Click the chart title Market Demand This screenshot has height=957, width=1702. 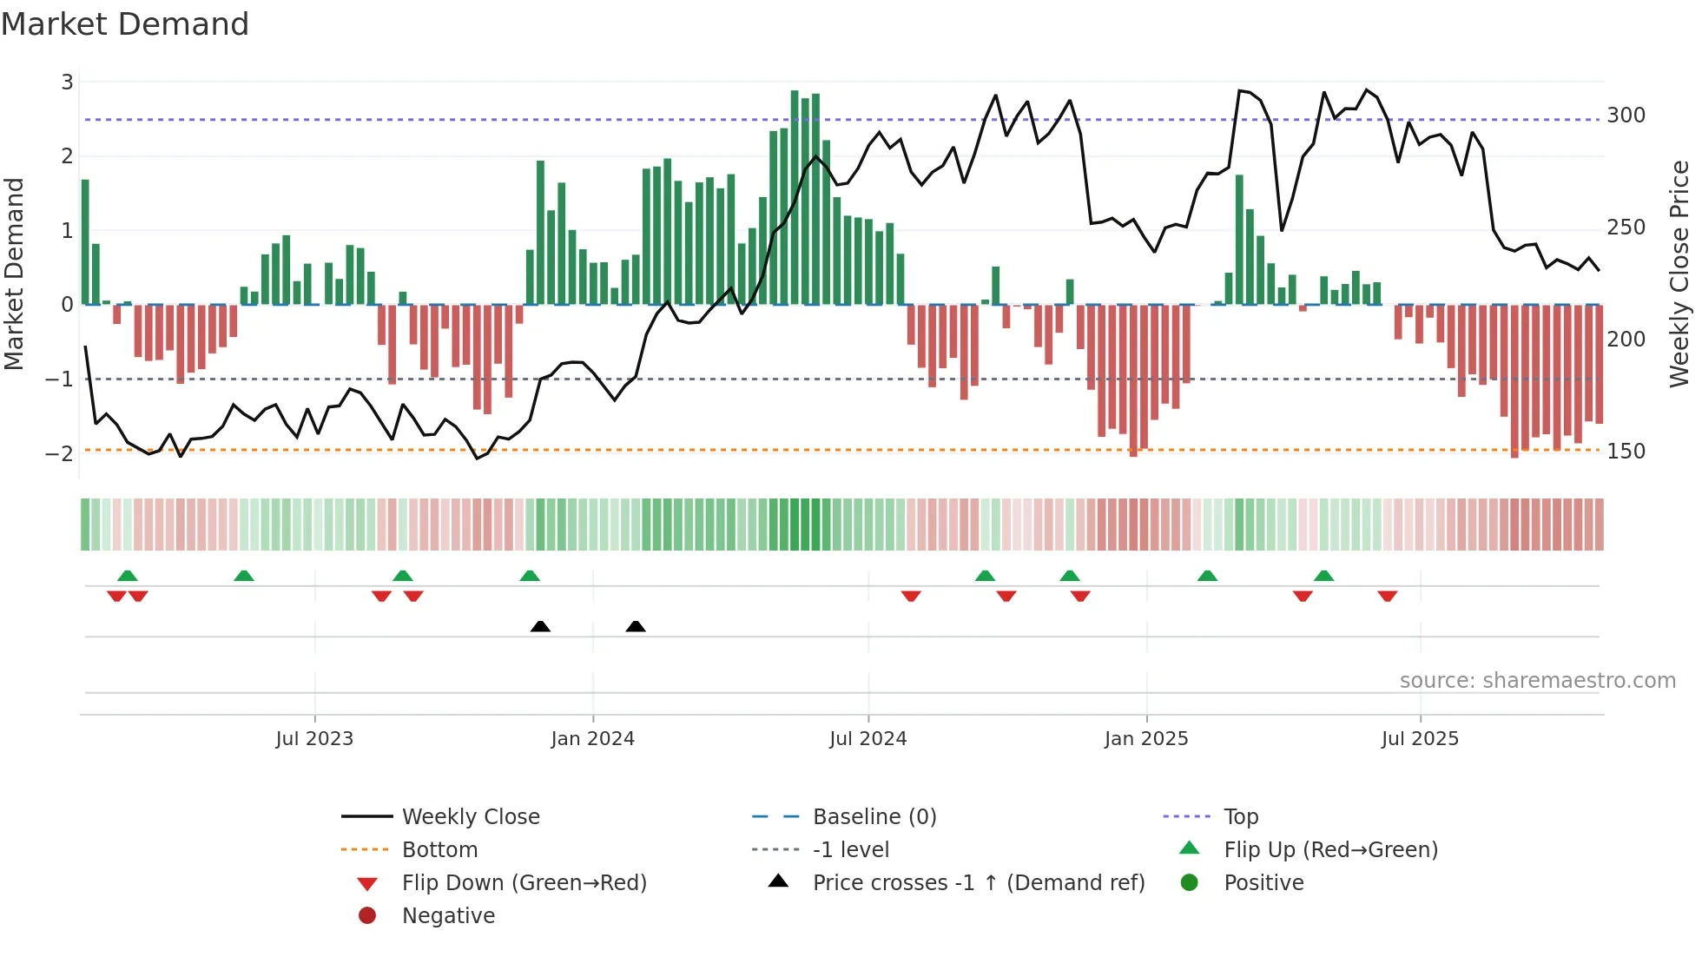pyautogui.click(x=125, y=24)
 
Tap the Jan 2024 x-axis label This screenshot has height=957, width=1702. pyautogui.click(x=592, y=739)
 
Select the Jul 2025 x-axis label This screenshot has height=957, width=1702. pyautogui.click(x=1420, y=739)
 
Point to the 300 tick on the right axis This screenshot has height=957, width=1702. pyautogui.click(x=1626, y=115)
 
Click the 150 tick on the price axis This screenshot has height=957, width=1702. pyautogui.click(x=1626, y=452)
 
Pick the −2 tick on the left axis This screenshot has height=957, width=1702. pyautogui.click(x=59, y=453)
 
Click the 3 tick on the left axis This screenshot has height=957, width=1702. pyautogui.click(x=67, y=82)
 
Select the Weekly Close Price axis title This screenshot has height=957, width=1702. pyautogui.click(x=1679, y=274)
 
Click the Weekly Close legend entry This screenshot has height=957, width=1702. pyautogui.click(x=470, y=817)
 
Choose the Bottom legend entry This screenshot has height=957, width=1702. pyautogui.click(x=439, y=850)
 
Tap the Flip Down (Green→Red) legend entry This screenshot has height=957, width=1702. pyautogui.click(x=524, y=883)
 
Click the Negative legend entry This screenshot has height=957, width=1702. pyautogui.click(x=448, y=916)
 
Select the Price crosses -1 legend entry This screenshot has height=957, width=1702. pyautogui.click(x=978, y=883)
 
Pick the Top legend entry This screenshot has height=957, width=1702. pyautogui.click(x=1240, y=817)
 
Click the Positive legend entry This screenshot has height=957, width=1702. pyautogui.click(x=1263, y=883)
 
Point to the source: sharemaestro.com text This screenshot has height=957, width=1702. pyautogui.click(x=1537, y=681)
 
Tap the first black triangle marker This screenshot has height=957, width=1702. pyautogui.click(x=540, y=626)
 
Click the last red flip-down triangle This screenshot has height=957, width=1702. pyautogui.click(x=1387, y=596)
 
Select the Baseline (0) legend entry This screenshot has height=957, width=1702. pyautogui.click(x=874, y=817)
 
